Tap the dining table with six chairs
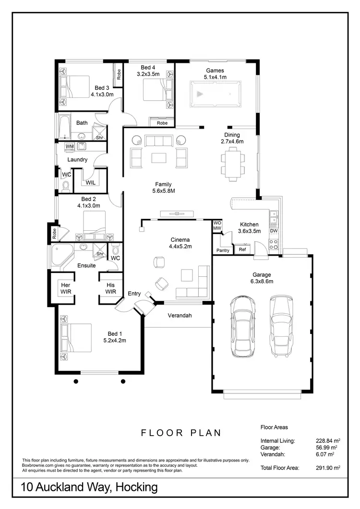[232, 164]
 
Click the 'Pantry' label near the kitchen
[223, 250]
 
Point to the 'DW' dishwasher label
[274, 231]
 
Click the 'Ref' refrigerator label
[242, 249]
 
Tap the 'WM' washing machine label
[70, 146]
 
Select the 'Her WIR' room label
[66, 288]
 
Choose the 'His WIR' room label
[110, 288]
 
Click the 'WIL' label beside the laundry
[90, 182]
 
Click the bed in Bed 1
[75, 341]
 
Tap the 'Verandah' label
[180, 316]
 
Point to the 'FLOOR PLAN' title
[181, 433]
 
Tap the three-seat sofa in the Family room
[158, 141]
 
